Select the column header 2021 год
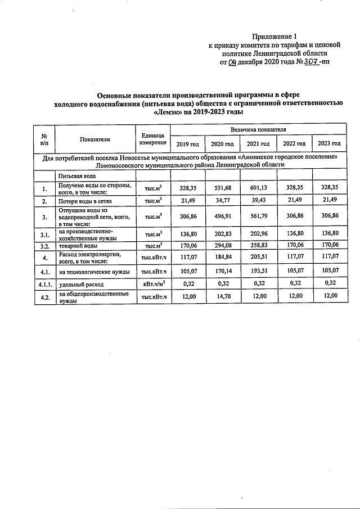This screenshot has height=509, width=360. click(254, 144)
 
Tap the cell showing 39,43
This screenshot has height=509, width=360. click(254, 200)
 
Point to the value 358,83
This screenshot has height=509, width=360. click(254, 245)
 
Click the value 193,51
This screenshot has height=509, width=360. click(254, 271)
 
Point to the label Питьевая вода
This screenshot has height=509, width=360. click(78, 176)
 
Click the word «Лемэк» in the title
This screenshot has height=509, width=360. click(169, 112)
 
